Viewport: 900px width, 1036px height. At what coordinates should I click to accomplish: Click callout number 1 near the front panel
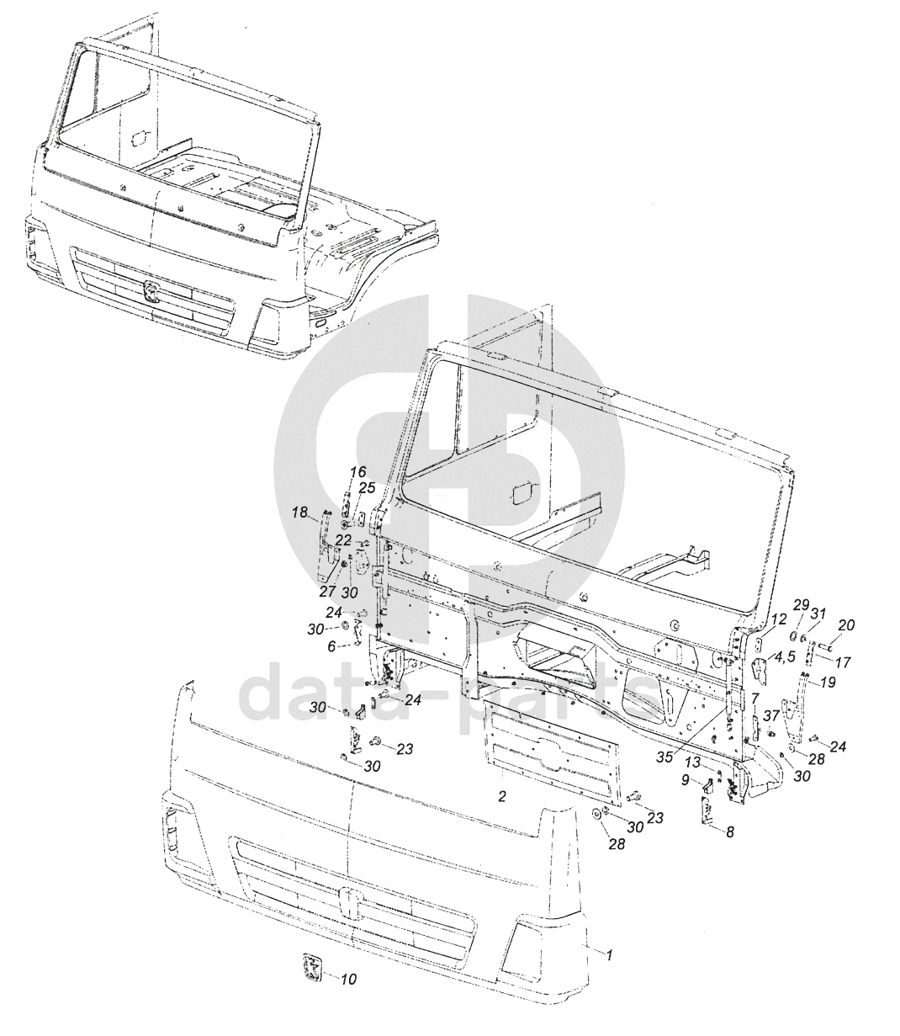(x=610, y=955)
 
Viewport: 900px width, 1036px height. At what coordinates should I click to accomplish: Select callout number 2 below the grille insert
(x=501, y=796)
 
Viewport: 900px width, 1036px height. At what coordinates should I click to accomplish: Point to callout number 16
(x=359, y=471)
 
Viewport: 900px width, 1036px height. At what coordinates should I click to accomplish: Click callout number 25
(x=367, y=488)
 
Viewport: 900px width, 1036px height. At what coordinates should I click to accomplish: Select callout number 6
(x=332, y=646)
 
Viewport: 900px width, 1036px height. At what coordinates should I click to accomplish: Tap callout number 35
(x=664, y=757)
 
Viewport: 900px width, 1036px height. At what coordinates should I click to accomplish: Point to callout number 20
(x=846, y=625)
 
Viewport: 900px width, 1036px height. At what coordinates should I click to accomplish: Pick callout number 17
(x=842, y=662)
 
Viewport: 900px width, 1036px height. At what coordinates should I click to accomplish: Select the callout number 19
(x=828, y=683)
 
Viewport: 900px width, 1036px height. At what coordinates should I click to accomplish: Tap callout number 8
(x=729, y=832)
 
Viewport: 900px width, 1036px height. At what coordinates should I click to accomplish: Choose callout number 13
(x=691, y=762)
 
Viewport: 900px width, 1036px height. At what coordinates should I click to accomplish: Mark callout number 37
(x=771, y=715)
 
